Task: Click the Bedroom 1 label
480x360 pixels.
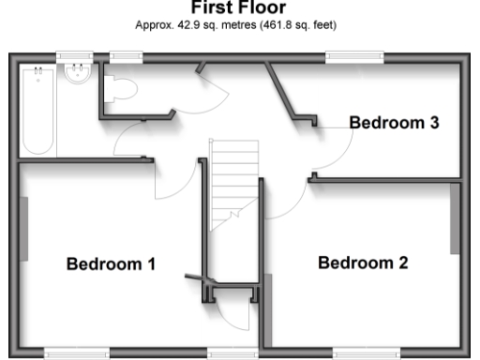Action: coord(111,264)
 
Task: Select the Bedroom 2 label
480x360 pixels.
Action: coord(363,262)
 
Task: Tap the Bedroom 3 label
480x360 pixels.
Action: coord(395,122)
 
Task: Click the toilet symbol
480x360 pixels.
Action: coord(122,88)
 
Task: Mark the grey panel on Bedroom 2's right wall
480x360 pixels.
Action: coord(456,217)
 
